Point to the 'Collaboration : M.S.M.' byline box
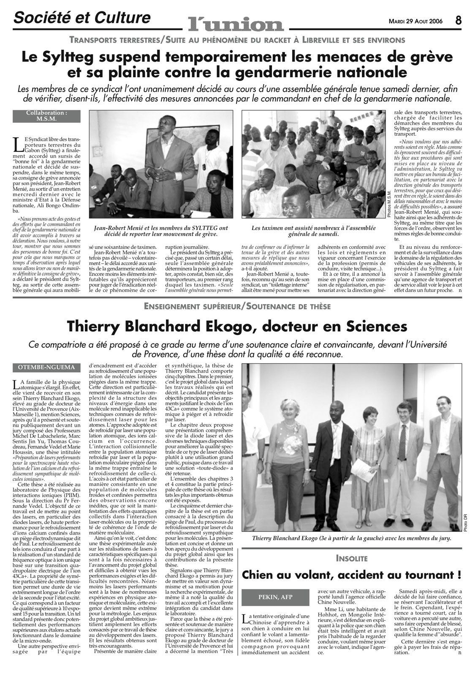pyautogui.click(x=46, y=116)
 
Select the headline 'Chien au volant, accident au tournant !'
pyautogui.click(x=351, y=575)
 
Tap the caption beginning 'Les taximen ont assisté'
pyautogui.click(x=313, y=231)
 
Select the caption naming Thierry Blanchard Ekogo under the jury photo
pyautogui.click(x=351, y=538)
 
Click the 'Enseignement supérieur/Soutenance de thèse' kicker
pyautogui.click(x=237, y=307)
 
